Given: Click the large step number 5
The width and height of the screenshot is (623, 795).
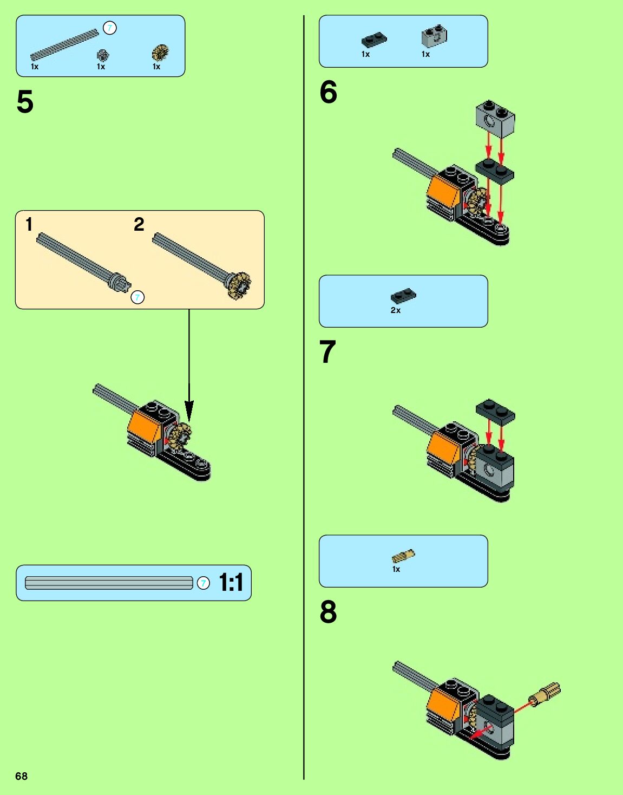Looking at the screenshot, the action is (x=25, y=101).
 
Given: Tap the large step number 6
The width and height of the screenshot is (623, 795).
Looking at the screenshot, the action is (x=328, y=92).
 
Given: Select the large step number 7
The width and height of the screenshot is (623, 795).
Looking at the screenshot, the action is (x=327, y=351).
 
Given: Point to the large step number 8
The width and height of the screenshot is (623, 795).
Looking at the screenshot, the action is (x=328, y=611).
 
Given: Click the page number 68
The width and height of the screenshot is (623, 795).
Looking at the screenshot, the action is (x=21, y=776).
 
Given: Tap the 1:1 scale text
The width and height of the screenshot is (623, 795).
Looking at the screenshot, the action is (x=231, y=582).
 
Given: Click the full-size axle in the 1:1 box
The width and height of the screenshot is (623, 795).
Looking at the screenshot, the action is (x=109, y=583).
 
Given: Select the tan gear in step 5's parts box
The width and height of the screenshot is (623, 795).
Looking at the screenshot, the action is (x=160, y=53).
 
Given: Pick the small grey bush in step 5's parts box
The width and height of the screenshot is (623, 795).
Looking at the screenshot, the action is (x=103, y=55).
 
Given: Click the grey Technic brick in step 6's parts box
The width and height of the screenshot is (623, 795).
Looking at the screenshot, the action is (x=434, y=37).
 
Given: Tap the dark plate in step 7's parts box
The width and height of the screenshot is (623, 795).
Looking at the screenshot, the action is (x=403, y=296).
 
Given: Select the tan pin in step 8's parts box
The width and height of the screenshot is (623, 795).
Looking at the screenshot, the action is (x=403, y=556).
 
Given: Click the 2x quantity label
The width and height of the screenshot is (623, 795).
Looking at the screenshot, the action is (x=395, y=310).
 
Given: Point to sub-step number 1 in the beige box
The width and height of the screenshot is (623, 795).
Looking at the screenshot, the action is (x=29, y=224).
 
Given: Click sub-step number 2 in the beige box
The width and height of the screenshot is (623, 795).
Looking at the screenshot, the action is (x=139, y=224).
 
